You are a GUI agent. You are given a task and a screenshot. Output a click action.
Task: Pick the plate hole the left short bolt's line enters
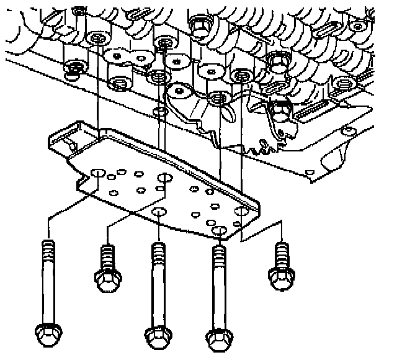(164, 179)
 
